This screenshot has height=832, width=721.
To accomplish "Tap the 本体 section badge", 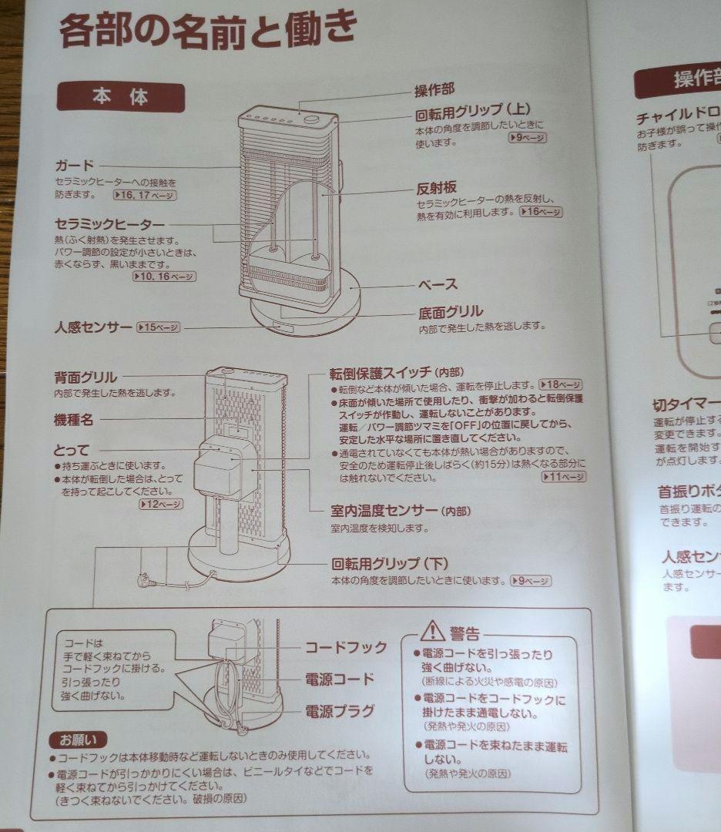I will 121,97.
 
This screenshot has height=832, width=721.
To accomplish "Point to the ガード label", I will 74,165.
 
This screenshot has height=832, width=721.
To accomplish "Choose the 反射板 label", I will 437,189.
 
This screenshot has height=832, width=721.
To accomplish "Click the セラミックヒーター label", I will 109,223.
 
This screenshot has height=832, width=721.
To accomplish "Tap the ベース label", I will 438,284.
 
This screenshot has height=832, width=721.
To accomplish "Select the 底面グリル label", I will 451,311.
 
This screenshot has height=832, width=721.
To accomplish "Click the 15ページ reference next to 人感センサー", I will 158,327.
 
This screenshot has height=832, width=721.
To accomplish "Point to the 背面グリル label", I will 86,377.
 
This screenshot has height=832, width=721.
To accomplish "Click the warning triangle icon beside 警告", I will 432,632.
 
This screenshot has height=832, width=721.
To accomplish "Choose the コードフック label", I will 346,647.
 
